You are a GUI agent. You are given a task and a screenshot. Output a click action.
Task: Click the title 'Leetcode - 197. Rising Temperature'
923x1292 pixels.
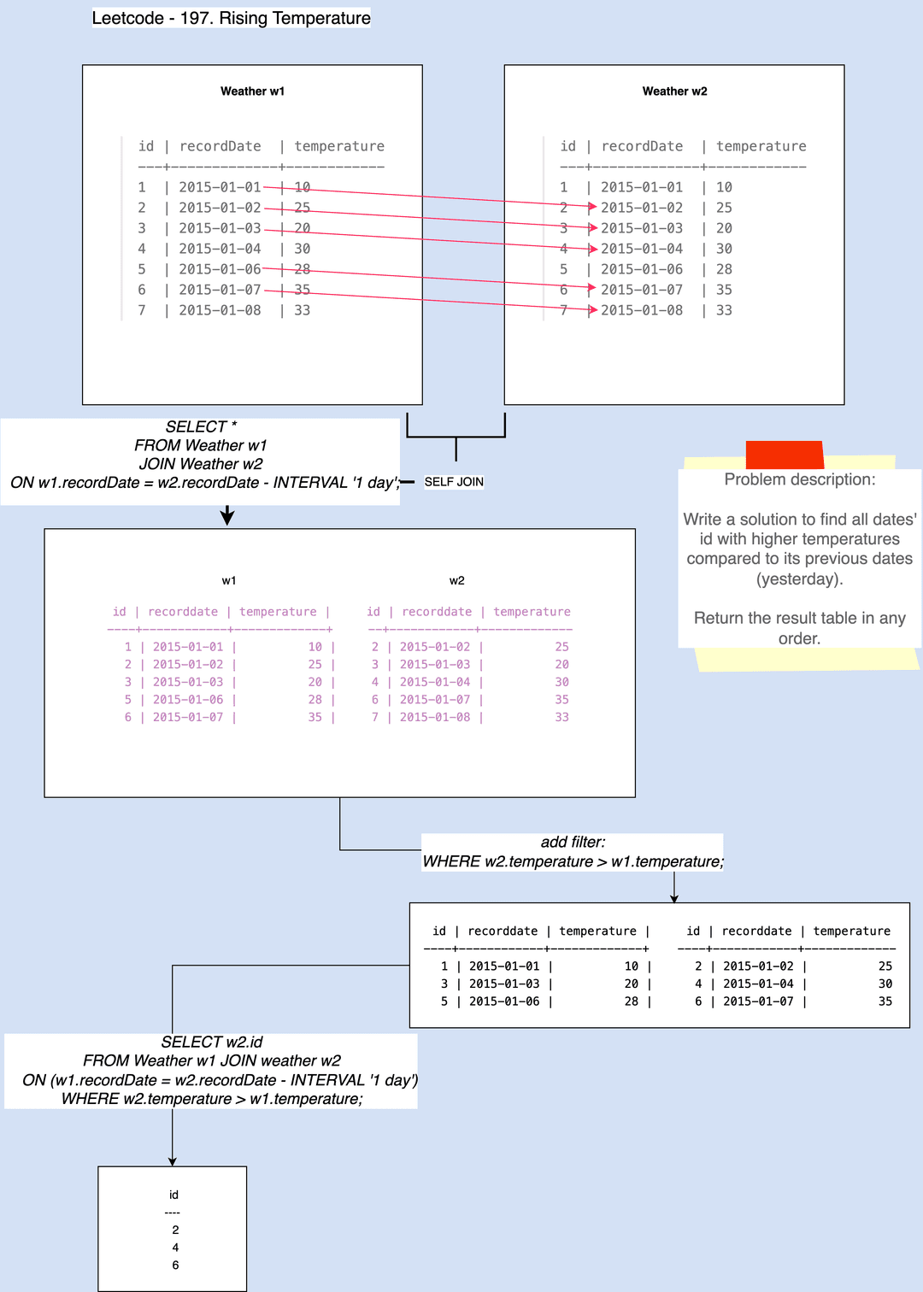pos(231,18)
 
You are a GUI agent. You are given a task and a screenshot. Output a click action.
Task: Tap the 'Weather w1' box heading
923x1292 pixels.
pos(252,91)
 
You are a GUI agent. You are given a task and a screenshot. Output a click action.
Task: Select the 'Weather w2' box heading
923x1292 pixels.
pos(674,91)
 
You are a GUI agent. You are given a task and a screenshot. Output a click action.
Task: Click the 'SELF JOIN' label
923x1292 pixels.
pos(454,482)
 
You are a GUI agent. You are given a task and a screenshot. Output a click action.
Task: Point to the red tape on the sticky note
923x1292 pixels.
pos(785,455)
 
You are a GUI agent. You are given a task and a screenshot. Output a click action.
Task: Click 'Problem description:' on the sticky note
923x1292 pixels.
pos(800,479)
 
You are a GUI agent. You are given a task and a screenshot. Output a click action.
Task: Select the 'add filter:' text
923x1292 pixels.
pos(573,843)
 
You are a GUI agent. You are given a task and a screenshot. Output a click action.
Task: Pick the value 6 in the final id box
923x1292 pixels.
pos(175,1265)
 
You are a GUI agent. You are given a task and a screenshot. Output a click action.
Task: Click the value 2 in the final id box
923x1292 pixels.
pos(175,1230)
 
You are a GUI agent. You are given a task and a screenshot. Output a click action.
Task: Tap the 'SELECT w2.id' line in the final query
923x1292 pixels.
pos(212,1042)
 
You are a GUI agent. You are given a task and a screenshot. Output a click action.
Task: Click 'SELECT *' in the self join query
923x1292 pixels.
pos(201,427)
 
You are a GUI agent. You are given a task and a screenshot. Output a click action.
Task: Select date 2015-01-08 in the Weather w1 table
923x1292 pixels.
pos(220,310)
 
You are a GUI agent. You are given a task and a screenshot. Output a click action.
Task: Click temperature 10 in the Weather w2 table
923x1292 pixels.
pos(724,187)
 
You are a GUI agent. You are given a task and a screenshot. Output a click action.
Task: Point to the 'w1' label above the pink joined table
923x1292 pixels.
pos(229,580)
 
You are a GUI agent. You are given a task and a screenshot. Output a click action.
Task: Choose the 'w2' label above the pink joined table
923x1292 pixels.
pos(457,580)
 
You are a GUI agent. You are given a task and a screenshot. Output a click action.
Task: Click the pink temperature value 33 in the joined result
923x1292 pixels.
pos(561,717)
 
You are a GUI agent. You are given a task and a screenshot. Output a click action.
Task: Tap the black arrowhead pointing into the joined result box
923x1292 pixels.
pos(227,517)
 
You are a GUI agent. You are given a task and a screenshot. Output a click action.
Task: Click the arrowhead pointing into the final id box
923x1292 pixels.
pos(172,1161)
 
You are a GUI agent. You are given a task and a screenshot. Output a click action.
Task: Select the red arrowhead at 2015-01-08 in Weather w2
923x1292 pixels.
pos(592,310)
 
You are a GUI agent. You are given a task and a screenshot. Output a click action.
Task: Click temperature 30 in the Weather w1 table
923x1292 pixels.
pos(303,249)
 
